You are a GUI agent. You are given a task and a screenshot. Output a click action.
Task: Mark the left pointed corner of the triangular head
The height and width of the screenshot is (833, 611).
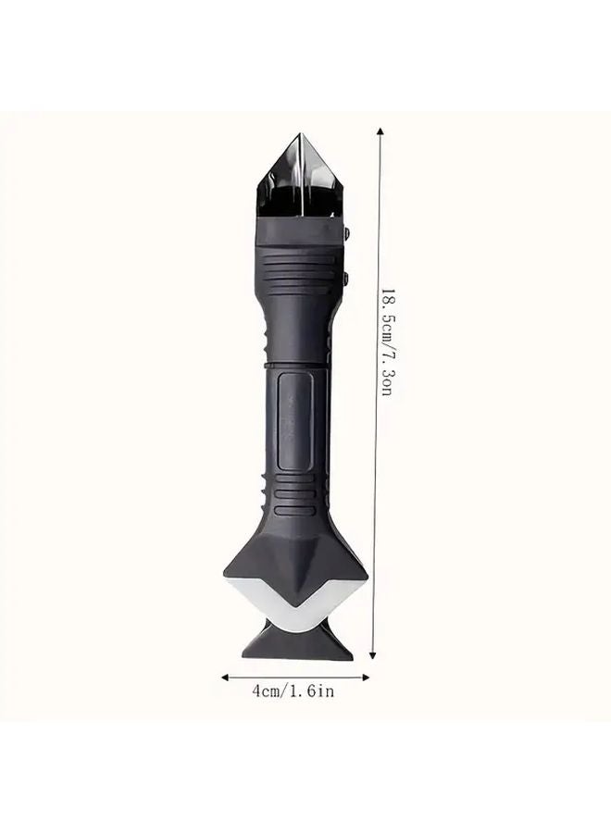click(225, 566)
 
